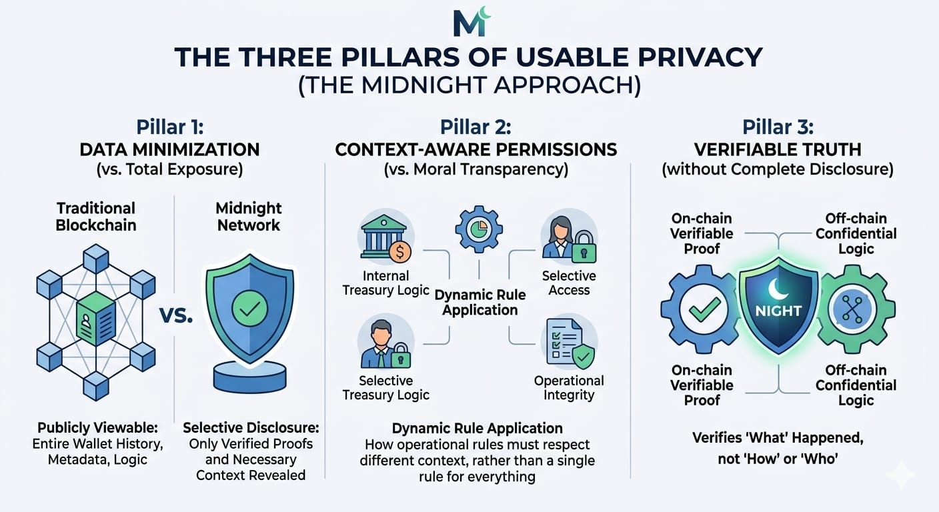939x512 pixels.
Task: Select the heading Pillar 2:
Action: tap(476, 127)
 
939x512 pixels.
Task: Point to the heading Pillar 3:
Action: tap(778, 127)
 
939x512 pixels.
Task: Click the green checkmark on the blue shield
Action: tap(249, 309)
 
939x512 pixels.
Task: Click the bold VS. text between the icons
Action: tap(176, 316)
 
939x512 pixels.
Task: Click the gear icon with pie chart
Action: tap(478, 228)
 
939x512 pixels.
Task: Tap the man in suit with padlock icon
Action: tap(385, 344)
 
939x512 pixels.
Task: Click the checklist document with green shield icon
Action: tap(569, 343)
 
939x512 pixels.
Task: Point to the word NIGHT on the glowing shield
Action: tap(778, 311)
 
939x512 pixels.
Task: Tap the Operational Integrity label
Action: tap(569, 388)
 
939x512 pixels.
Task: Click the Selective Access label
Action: tap(569, 283)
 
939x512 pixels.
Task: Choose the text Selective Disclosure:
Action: tap(251, 427)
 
